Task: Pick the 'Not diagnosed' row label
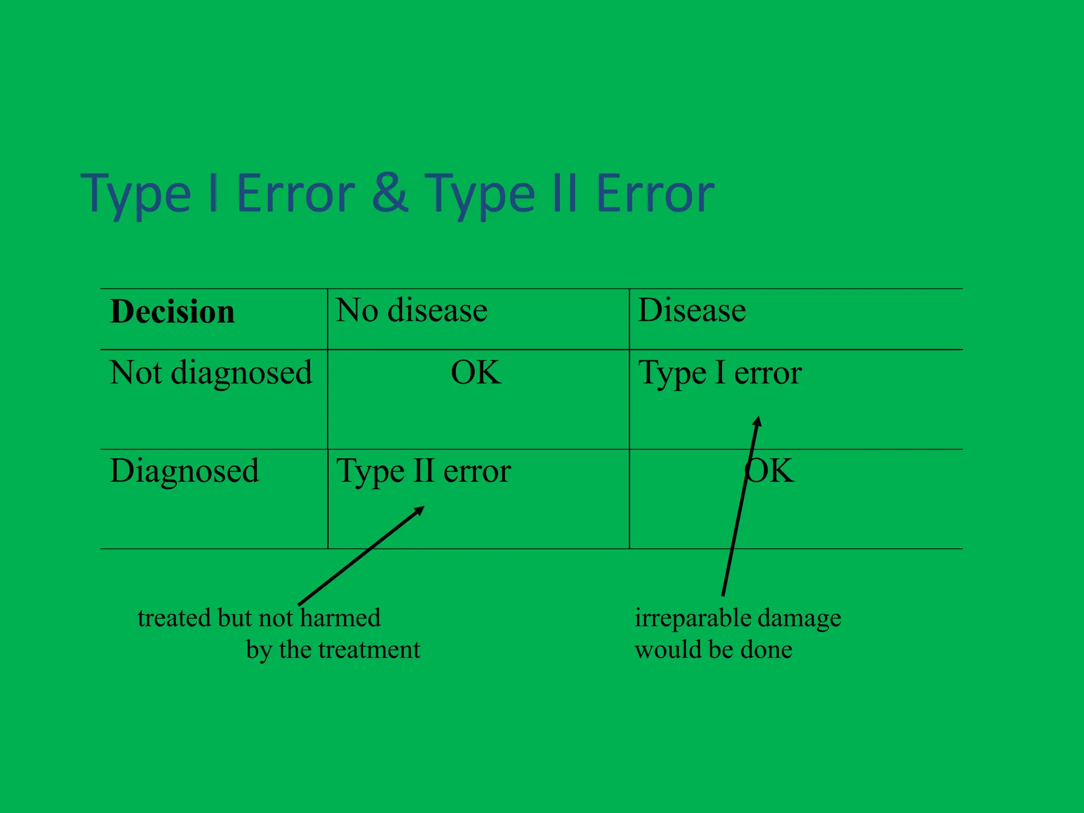tap(211, 373)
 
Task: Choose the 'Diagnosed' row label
tap(184, 471)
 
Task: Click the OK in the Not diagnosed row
tap(476, 373)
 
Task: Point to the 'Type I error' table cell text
tap(720, 373)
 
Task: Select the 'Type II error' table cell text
tap(423, 471)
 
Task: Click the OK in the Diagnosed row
tap(770, 471)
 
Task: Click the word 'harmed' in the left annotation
tap(340, 618)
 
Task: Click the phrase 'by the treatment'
tap(333, 649)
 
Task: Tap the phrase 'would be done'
tap(713, 649)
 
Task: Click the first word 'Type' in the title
tap(136, 194)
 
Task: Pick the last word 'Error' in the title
tap(655, 194)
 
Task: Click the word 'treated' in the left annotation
tap(171, 618)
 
